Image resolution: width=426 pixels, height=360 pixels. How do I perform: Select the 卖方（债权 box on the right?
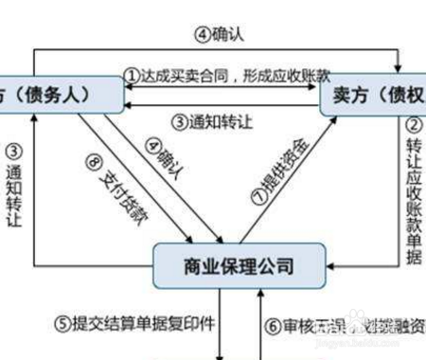374,96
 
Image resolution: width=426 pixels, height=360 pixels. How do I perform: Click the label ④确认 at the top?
220,34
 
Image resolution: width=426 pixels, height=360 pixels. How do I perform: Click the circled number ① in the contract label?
133,73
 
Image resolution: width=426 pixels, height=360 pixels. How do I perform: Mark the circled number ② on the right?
414,124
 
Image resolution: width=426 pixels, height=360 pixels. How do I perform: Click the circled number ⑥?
273,325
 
